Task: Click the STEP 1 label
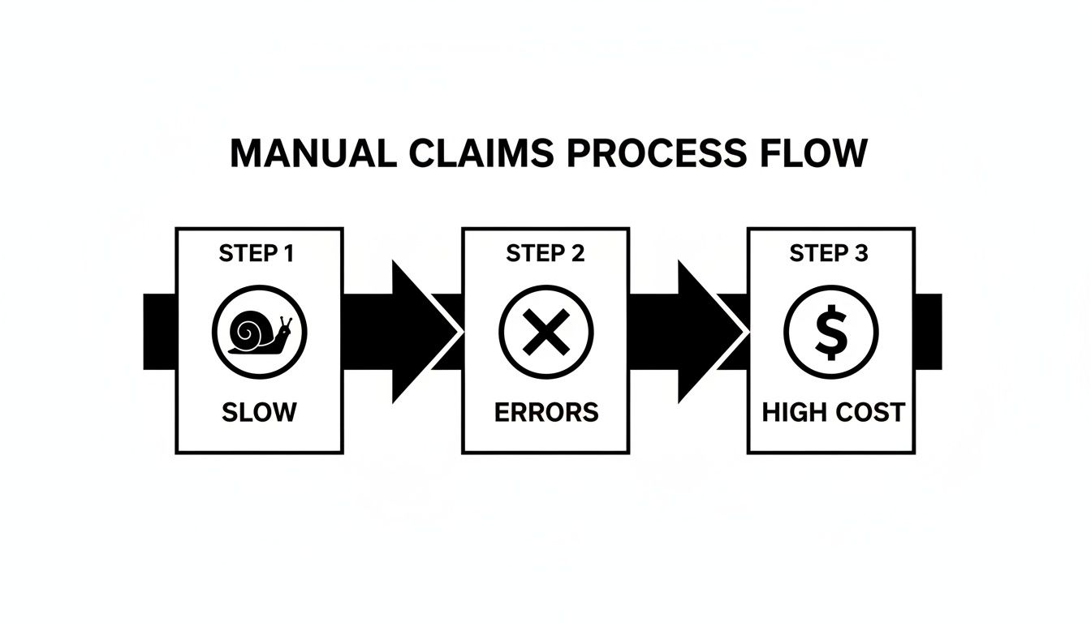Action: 257,254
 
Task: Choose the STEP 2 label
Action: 545,254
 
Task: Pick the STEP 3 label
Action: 828,254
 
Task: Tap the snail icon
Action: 259,332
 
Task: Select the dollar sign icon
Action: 830,332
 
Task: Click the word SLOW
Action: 259,411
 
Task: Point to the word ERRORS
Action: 545,411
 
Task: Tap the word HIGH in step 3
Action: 793,412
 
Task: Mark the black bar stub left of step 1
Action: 159,332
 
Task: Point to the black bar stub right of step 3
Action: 929,332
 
